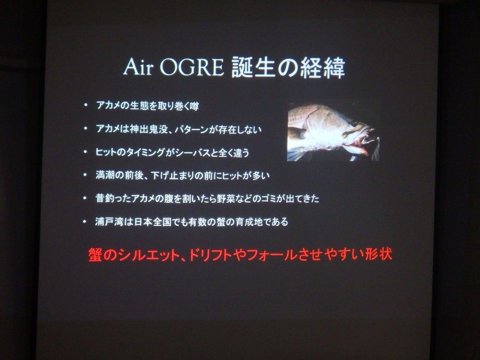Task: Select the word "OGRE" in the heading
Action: coord(192,67)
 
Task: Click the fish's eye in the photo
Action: coord(355,124)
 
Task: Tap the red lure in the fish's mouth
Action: coord(355,149)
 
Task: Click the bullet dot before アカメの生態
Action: coord(86,105)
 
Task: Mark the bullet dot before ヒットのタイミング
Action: coord(86,152)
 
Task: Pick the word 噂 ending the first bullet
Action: coord(194,106)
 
